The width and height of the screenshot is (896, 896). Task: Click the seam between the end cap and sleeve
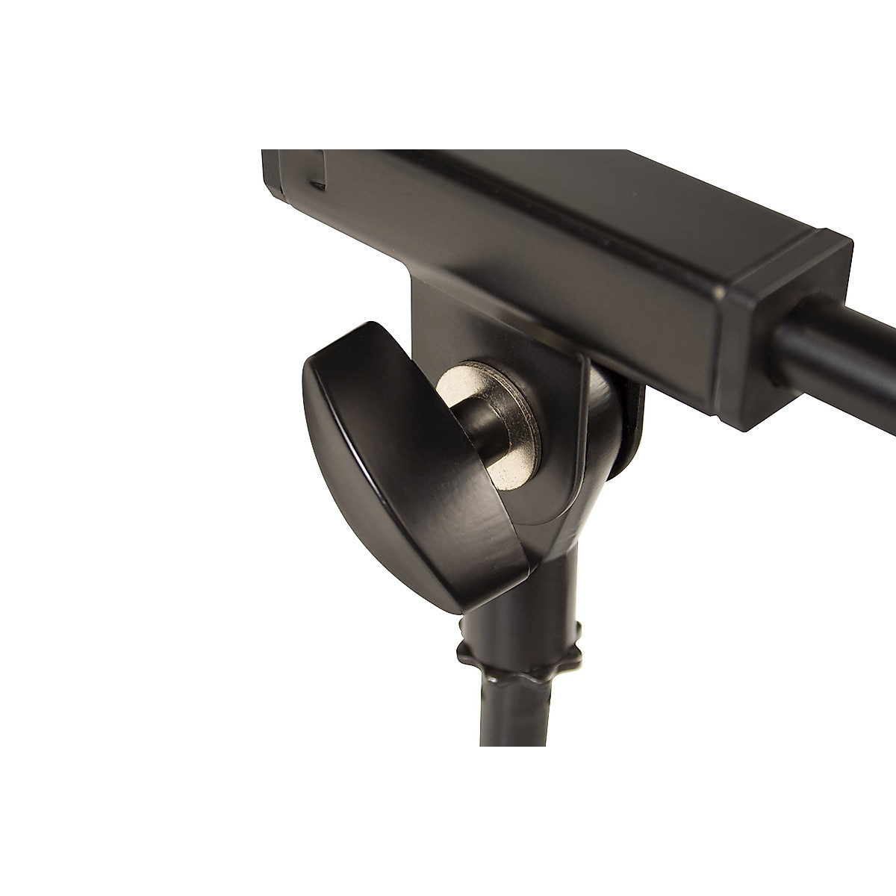click(x=728, y=329)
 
